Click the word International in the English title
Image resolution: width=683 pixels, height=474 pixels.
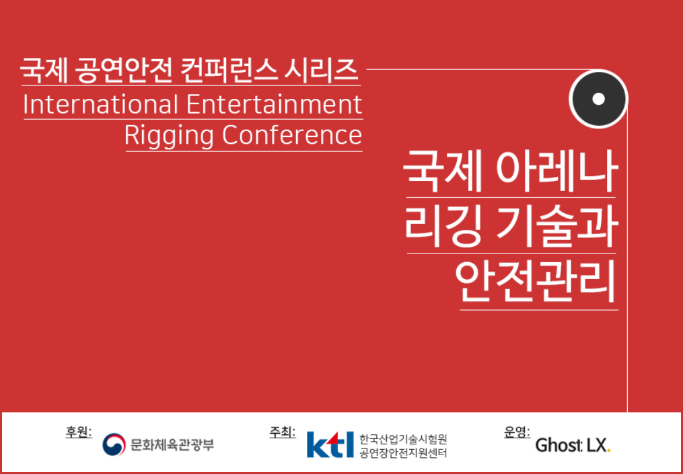(101, 104)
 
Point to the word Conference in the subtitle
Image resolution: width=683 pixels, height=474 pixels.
(292, 135)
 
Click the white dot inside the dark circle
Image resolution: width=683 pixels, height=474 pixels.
(598, 99)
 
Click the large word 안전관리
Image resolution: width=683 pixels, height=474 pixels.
(537, 281)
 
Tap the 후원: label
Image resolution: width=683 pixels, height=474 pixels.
(79, 432)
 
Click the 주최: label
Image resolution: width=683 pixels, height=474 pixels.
(282, 432)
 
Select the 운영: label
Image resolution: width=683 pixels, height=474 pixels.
(517, 432)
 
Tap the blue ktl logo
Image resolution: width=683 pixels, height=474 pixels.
(330, 444)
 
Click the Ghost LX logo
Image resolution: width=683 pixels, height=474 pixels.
(573, 445)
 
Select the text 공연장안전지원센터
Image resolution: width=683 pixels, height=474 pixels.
(403, 453)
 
